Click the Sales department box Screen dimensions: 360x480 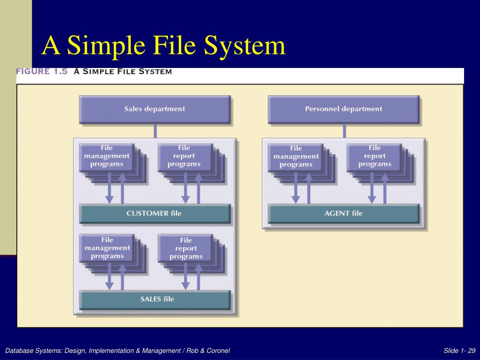[x=155, y=109]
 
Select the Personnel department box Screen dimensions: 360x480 [x=344, y=109]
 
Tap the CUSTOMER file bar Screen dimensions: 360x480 [x=155, y=213]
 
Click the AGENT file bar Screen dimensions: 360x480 [x=344, y=213]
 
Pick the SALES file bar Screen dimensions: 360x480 [x=155, y=299]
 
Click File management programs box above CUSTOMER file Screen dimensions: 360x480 [x=107, y=157]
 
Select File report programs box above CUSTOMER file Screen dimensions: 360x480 [x=184, y=157]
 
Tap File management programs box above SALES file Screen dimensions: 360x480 [x=107, y=248]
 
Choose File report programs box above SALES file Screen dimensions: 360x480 [x=186, y=248]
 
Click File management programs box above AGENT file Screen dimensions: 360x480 [x=296, y=157]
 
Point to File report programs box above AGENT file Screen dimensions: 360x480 [x=374, y=157]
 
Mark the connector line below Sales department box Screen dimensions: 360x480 [x=155, y=131]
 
